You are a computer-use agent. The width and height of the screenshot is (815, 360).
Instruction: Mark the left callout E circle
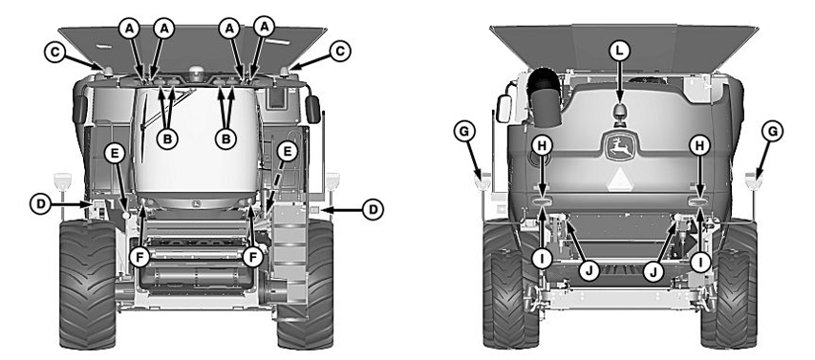coord(114,154)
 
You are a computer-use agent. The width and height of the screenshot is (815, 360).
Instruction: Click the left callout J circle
coord(589,269)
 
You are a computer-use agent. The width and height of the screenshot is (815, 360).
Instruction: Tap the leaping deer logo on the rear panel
coord(620,149)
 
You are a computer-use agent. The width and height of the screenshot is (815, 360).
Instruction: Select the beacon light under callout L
coord(620,114)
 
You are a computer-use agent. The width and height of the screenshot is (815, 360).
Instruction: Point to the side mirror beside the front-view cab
coord(311,107)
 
